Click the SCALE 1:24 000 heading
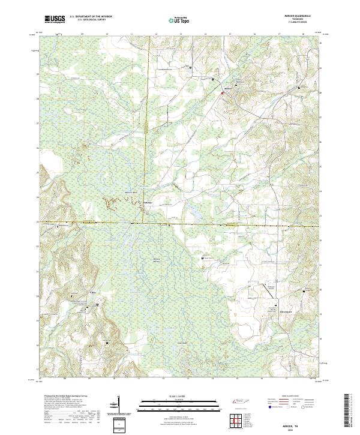[179, 397]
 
